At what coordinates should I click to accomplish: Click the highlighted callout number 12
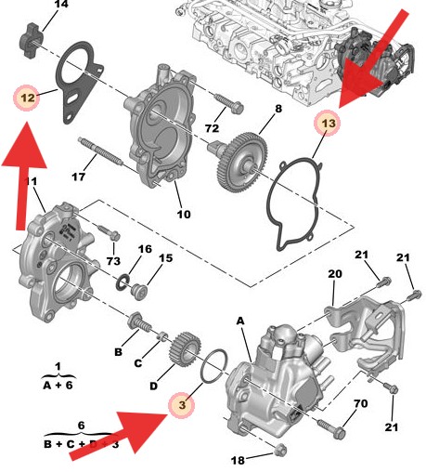(x=26, y=98)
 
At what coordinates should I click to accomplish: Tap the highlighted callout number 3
(x=183, y=405)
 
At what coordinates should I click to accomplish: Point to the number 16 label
(x=145, y=249)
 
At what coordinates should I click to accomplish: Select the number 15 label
(x=166, y=257)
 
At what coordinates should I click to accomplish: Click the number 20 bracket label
(x=334, y=273)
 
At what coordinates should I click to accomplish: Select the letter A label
(x=240, y=320)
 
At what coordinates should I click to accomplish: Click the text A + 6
(x=58, y=384)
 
